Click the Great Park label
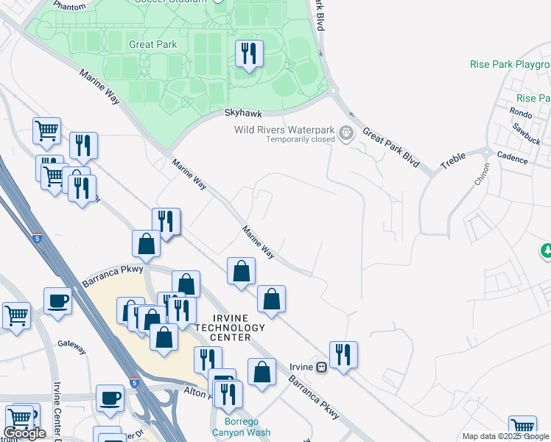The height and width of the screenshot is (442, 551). (x=152, y=45)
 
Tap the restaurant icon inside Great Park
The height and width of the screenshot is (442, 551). (x=248, y=54)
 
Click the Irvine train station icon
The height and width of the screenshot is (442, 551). (x=320, y=367)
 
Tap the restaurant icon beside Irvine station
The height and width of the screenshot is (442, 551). (x=343, y=354)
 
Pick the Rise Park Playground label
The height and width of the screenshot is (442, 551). (x=510, y=65)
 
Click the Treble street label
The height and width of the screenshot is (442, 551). (x=453, y=161)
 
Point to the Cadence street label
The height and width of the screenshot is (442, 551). (x=513, y=158)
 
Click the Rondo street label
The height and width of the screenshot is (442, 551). (x=521, y=113)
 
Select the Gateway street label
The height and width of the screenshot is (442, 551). (x=72, y=345)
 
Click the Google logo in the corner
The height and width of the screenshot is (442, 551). (x=24, y=433)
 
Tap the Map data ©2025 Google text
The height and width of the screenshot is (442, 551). (x=505, y=436)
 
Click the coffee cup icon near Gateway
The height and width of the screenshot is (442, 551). (x=57, y=301)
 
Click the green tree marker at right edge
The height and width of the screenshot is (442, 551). (x=546, y=251)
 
